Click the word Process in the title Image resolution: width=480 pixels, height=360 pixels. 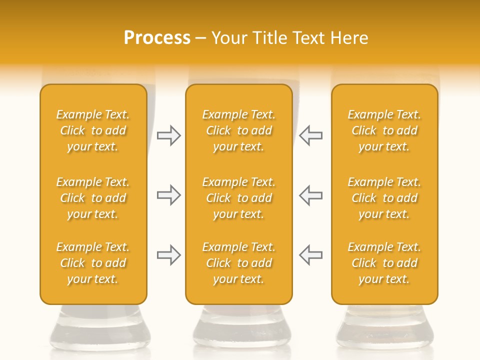(x=157, y=38)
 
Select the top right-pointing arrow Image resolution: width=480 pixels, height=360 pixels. (x=168, y=135)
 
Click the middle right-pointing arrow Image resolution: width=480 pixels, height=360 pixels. (x=168, y=195)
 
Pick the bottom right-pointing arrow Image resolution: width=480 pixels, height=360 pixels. (x=168, y=255)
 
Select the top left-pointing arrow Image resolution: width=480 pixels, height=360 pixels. (x=311, y=135)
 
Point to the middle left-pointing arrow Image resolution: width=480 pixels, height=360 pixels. (x=311, y=195)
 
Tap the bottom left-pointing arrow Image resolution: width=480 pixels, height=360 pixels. (x=311, y=255)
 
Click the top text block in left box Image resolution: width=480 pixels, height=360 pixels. (x=93, y=130)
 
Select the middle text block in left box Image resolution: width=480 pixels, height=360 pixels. (x=93, y=198)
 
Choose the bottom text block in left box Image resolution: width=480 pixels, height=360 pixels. (x=93, y=263)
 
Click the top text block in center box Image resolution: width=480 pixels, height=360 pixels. (x=238, y=130)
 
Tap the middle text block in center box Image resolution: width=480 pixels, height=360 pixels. (x=238, y=198)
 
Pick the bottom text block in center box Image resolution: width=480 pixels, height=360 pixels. (x=238, y=263)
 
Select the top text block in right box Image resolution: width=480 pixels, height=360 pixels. (x=384, y=130)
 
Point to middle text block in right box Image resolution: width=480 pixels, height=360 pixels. (x=384, y=198)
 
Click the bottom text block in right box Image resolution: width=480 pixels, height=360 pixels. (x=384, y=263)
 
